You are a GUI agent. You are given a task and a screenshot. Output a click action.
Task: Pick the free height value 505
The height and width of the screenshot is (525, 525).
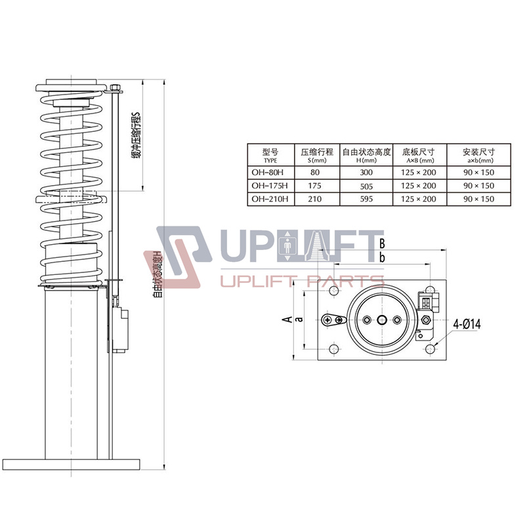[366, 186]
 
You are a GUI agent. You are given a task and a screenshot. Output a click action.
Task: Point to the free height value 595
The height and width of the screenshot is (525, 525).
[366, 199]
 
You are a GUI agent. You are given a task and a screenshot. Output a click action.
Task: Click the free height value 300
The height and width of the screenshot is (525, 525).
[366, 173]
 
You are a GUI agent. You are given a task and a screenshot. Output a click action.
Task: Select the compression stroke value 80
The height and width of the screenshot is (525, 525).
[316, 173]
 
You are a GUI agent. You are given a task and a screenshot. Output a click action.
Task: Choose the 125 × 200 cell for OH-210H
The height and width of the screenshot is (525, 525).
[420, 199]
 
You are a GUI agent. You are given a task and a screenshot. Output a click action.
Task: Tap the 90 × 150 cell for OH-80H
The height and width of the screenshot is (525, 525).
[479, 173]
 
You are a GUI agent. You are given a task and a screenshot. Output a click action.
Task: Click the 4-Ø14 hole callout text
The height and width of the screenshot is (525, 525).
[467, 324]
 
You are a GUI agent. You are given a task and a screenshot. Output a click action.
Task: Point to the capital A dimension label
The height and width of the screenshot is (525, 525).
[286, 320]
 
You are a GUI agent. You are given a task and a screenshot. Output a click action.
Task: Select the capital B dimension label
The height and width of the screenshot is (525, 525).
[381, 244]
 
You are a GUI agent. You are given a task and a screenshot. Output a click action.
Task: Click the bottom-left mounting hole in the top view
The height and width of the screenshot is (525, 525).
[334, 348]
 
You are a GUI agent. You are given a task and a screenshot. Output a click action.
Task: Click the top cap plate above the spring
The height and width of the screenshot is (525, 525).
[72, 88]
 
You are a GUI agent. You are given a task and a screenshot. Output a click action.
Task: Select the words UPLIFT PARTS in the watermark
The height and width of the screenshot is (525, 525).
[303, 282]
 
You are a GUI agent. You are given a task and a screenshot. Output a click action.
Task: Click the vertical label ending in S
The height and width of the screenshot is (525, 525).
[136, 135]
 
